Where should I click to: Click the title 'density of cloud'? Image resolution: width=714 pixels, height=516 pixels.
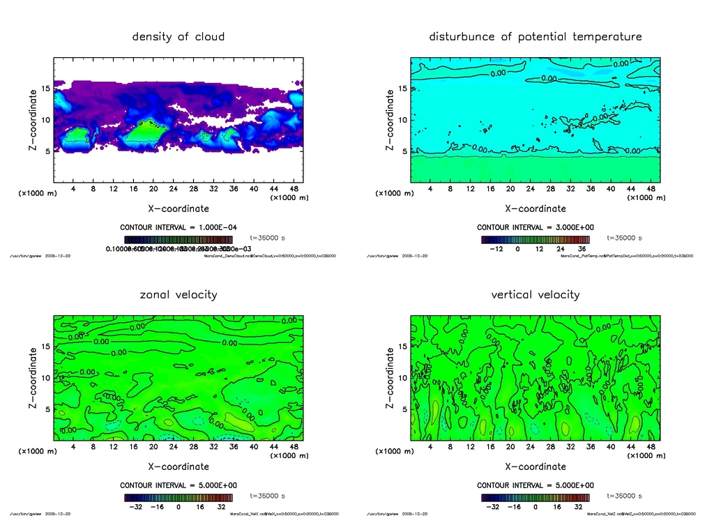pyautogui.click(x=178, y=36)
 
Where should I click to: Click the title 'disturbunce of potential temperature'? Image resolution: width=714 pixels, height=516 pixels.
pyautogui.click(x=535, y=36)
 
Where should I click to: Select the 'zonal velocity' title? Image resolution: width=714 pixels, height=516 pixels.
pyautogui.click(x=178, y=294)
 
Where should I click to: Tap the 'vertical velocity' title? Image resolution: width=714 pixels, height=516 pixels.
pyautogui.click(x=535, y=294)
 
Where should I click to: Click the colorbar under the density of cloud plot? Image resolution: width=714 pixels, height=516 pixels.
pyautogui.click(x=178, y=239)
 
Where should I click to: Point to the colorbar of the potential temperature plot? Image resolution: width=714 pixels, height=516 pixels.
pyautogui.click(x=535, y=239)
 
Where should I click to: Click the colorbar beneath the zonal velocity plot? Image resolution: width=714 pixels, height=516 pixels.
pyautogui.click(x=178, y=498)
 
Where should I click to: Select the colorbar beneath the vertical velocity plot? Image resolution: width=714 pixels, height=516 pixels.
pyautogui.click(x=535, y=498)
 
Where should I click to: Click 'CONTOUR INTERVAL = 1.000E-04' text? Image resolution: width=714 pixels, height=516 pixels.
pyautogui.click(x=178, y=227)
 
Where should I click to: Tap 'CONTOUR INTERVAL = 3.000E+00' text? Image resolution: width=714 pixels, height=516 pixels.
pyautogui.click(x=535, y=227)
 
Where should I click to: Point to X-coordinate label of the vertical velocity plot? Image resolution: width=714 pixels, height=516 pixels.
pyautogui.click(x=535, y=466)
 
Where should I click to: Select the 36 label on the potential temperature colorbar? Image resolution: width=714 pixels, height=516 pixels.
pyautogui.click(x=580, y=248)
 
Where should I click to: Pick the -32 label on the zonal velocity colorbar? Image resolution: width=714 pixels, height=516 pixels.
pyautogui.click(x=137, y=507)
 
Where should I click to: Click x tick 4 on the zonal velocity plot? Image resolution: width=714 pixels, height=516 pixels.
pyautogui.click(x=73, y=446)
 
